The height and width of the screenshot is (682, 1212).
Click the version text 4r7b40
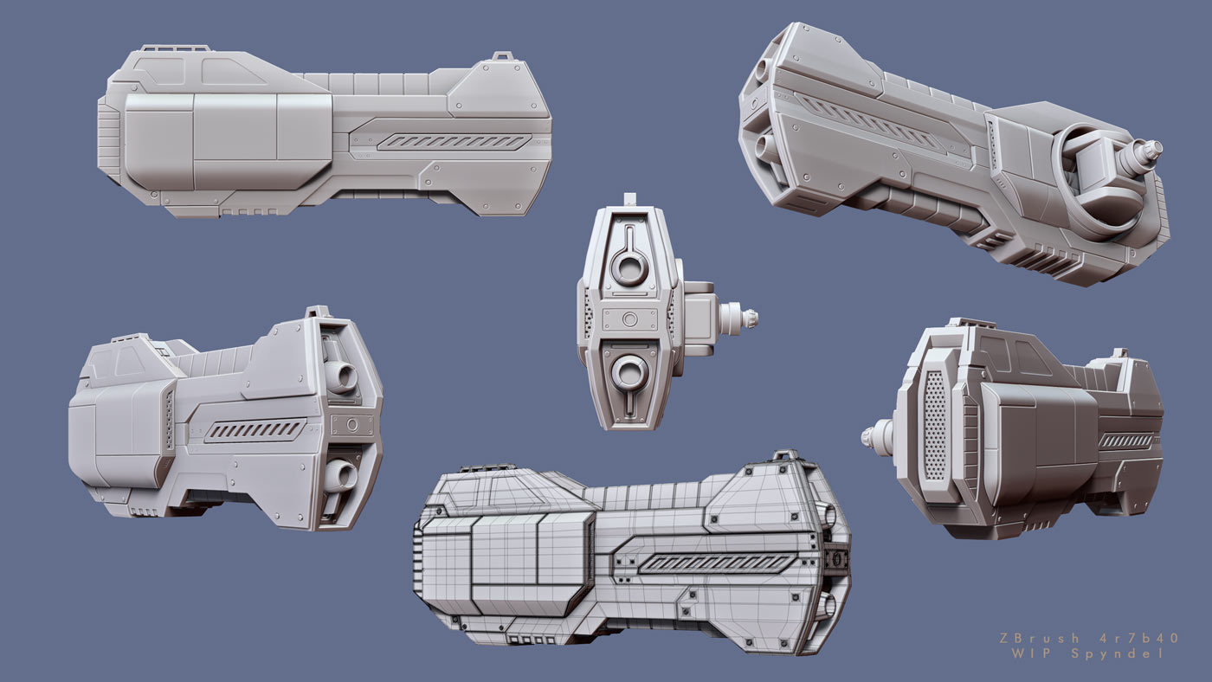coord(1140,638)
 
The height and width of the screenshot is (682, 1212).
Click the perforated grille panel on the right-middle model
coord(936,425)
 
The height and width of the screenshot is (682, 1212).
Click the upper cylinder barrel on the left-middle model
coord(342,376)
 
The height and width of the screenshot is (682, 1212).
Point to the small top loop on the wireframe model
coord(785,454)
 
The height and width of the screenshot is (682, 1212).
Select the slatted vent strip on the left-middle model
coord(255,429)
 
